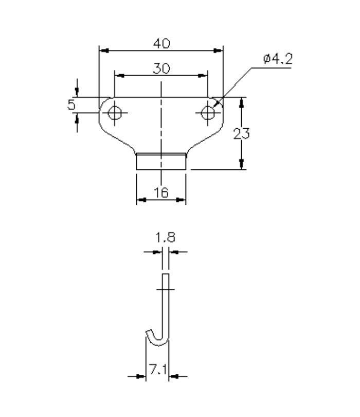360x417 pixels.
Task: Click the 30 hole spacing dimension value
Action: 161,68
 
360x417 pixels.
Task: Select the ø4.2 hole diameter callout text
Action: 277,60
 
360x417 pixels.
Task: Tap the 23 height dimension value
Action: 242,134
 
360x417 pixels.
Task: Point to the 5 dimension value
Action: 71,105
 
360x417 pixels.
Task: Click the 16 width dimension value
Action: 161,193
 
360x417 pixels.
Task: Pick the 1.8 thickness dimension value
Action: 166,238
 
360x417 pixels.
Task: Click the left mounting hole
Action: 114,112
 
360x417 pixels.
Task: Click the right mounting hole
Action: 208,112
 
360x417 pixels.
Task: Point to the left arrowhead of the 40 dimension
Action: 103,50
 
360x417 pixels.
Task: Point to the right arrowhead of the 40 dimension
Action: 220,50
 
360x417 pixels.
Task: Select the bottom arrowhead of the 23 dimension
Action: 241,164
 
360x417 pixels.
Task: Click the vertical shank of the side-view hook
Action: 166,304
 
